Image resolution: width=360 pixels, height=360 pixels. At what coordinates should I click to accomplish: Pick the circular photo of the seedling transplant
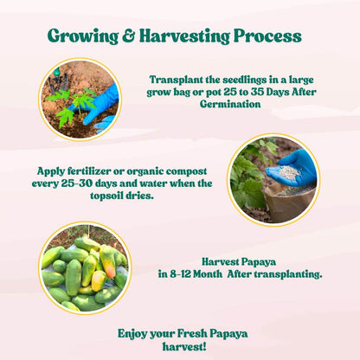79,99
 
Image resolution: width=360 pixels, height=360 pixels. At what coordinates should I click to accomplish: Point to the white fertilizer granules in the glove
289,172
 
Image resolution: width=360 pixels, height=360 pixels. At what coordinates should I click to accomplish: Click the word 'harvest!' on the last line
179,346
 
